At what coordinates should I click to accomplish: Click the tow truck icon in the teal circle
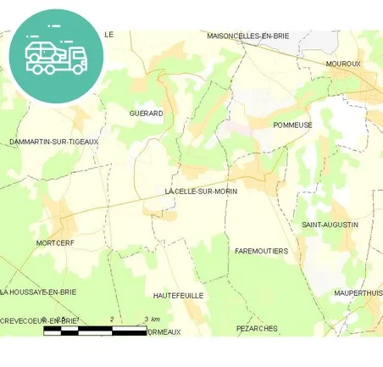coord(56,55)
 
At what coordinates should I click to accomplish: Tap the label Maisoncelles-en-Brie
coord(247,36)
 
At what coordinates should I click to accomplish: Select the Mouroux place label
coord(343,64)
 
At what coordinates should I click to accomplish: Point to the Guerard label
coord(146,113)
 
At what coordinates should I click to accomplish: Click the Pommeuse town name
coord(293,125)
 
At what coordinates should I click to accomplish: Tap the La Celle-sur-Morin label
coord(201,192)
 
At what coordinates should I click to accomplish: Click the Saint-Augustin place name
coord(330,225)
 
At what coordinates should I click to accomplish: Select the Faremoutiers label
coord(261,252)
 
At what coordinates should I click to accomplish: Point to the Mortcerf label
coord(57,243)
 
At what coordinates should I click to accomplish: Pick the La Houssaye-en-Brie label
coord(39,292)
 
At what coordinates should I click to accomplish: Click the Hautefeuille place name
coord(179,295)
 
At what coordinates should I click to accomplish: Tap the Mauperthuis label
coord(358,292)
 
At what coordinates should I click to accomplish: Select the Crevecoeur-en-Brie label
coord(39,320)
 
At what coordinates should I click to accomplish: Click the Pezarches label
coord(257,327)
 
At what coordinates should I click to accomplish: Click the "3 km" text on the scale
coord(153,319)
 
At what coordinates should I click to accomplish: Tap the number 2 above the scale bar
coord(113,319)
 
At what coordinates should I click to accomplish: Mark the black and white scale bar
coord(95,330)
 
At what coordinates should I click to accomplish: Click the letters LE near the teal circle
coord(108,34)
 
